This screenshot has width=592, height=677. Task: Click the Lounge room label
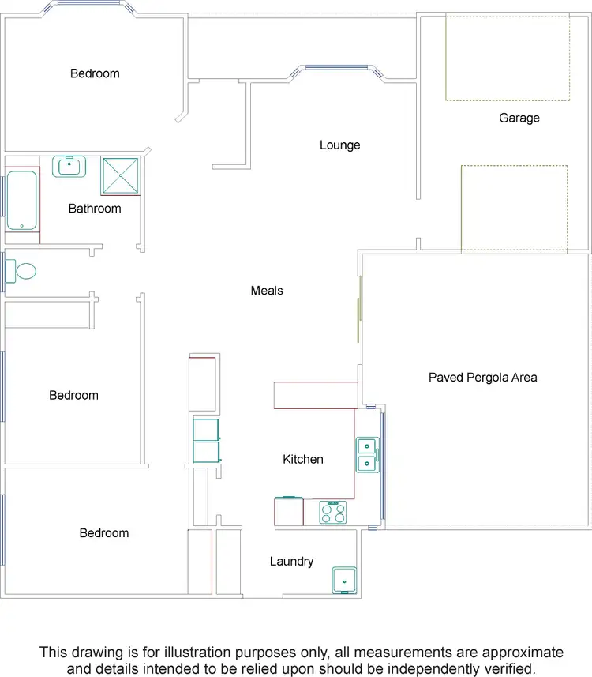[339, 145]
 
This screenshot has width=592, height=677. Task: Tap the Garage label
[519, 118]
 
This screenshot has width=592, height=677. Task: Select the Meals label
[267, 291]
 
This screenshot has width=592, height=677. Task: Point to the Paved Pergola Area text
[482, 378]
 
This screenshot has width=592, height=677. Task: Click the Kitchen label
[303, 460]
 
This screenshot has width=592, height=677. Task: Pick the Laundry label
[291, 562]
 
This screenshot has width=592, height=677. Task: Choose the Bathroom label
[95, 209]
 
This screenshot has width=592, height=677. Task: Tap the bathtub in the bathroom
[22, 201]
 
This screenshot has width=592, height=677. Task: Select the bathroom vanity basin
[69, 167]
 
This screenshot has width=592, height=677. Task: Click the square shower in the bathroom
[121, 176]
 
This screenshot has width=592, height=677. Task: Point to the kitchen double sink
[367, 454]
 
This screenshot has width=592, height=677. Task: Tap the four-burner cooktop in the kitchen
[332, 513]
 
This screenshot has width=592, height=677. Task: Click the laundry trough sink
[344, 580]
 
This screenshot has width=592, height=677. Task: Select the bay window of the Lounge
[337, 69]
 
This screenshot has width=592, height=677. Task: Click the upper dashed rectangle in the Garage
[508, 57]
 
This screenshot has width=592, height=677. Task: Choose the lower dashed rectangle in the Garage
[514, 209]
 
